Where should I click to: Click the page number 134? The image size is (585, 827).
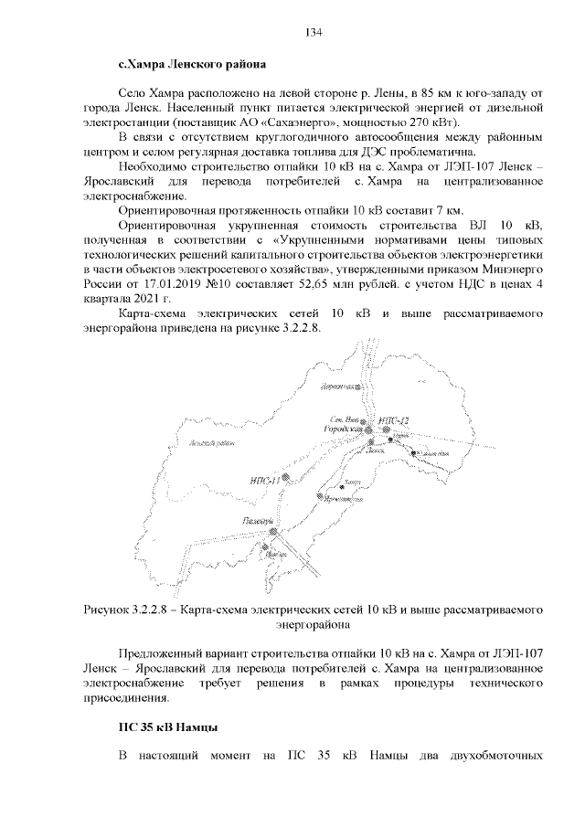click(313, 32)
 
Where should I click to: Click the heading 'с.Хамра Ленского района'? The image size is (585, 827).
click(193, 67)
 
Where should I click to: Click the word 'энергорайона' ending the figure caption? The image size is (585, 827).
click(313, 625)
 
